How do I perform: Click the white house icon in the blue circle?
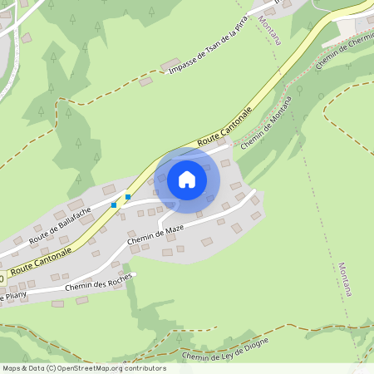(x=186, y=180)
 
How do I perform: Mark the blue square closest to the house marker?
(x=127, y=197)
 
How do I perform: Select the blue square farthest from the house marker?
(x=113, y=204)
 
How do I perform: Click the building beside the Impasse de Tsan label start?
(x=172, y=64)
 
